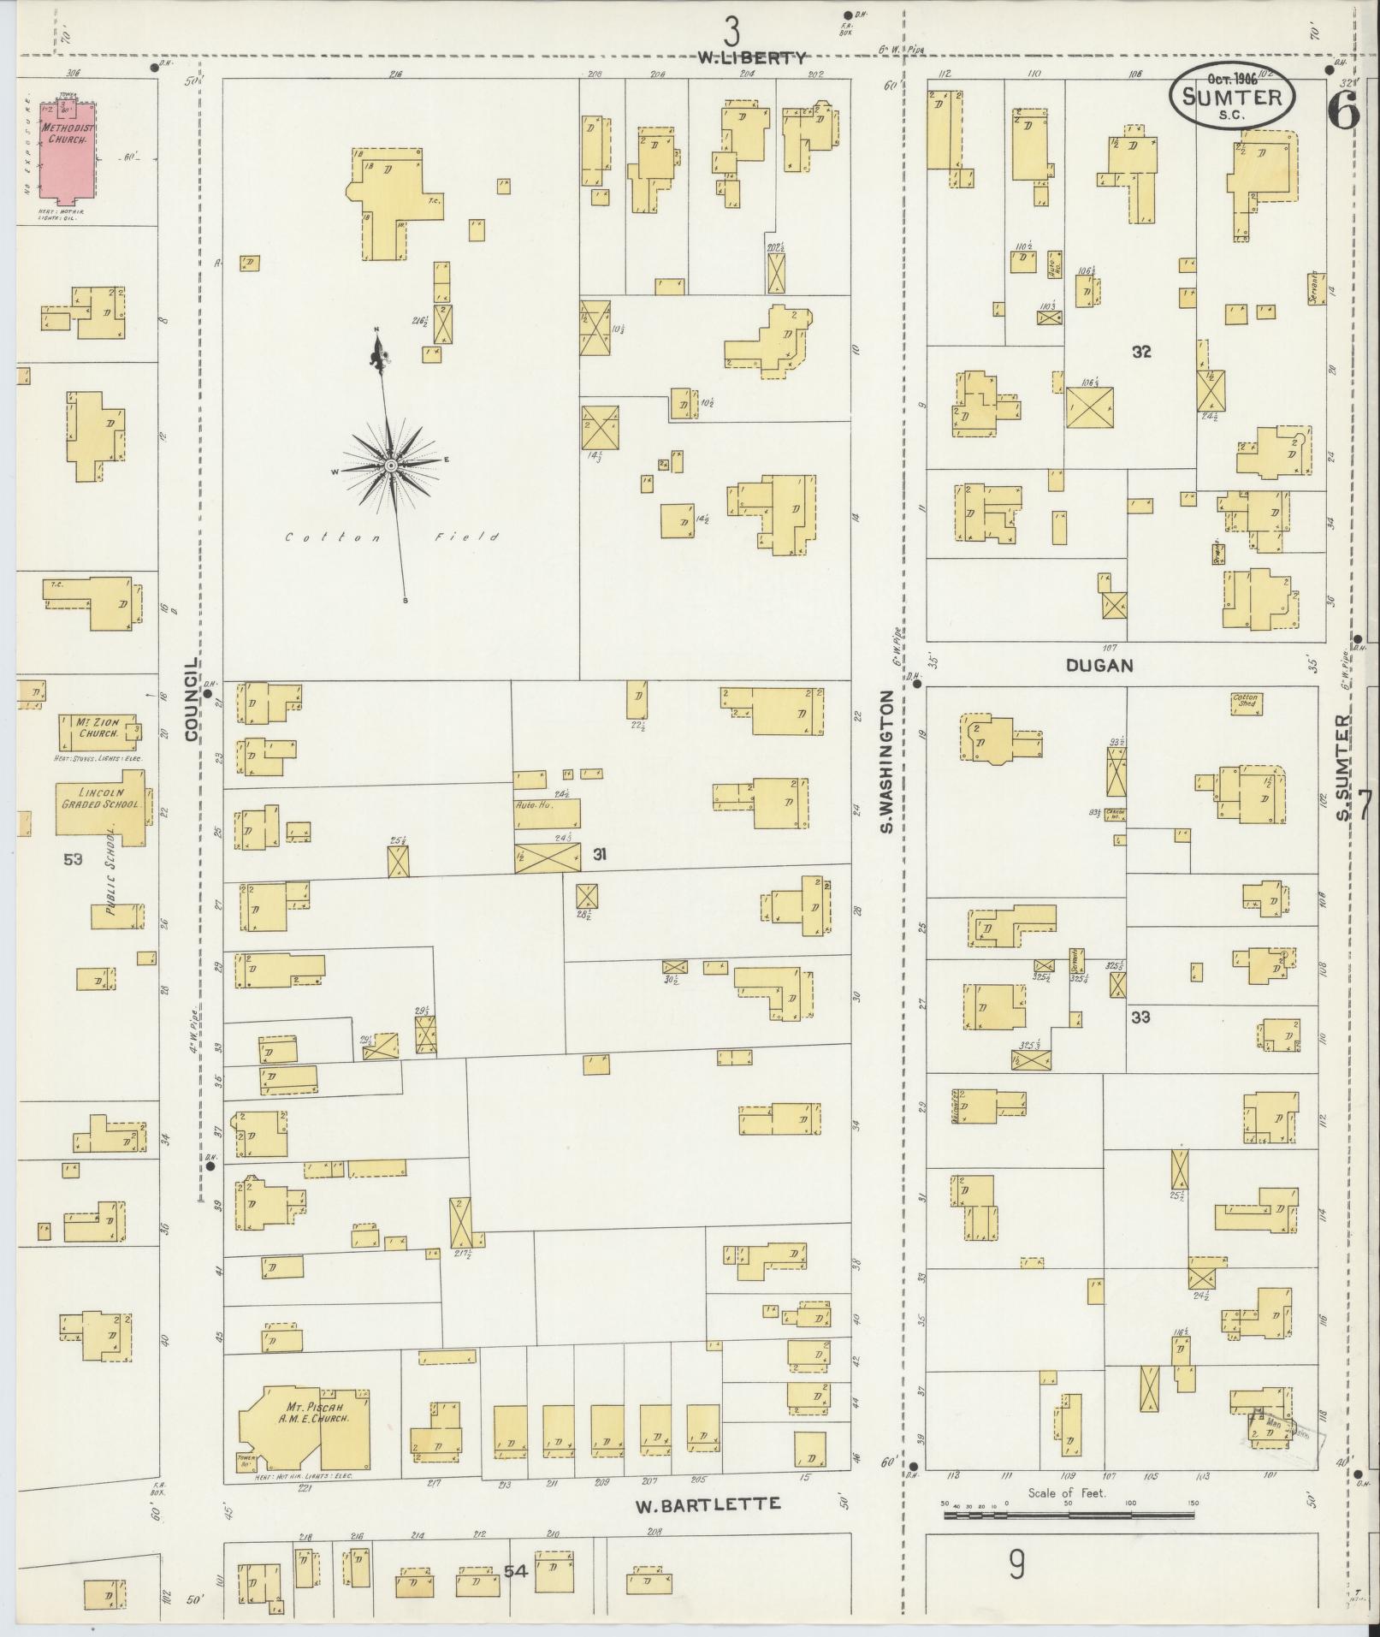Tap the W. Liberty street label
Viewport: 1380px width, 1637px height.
coord(751,58)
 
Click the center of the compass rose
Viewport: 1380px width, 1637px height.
coord(390,466)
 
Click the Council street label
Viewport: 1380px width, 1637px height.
coord(191,699)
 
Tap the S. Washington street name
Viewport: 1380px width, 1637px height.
coord(887,762)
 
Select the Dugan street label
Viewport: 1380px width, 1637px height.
coord(1099,665)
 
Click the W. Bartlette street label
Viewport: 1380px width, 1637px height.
coord(708,1504)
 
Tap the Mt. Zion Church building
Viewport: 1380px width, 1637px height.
coord(94,733)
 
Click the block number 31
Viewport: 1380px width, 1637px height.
coord(601,854)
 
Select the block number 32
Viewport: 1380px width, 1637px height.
coord(1141,352)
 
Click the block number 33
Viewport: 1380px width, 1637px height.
coord(1140,1017)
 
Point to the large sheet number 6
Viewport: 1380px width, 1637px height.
coord(1343,110)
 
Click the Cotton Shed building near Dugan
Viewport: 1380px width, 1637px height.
coord(1246,703)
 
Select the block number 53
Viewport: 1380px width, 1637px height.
coord(73,858)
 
